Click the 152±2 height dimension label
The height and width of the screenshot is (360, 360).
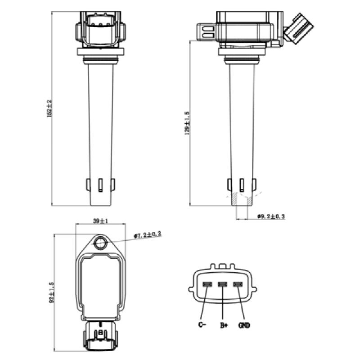click(x=49, y=108)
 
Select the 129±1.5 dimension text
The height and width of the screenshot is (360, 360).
click(x=187, y=123)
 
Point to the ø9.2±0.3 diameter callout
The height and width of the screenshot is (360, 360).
click(x=271, y=216)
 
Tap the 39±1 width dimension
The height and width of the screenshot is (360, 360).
click(x=100, y=221)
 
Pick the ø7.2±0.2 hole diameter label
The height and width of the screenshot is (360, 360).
click(x=148, y=235)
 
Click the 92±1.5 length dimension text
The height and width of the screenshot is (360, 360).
click(x=52, y=292)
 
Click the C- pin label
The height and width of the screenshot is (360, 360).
click(x=202, y=324)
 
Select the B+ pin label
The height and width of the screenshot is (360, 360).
click(x=224, y=325)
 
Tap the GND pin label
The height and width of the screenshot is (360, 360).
click(x=244, y=325)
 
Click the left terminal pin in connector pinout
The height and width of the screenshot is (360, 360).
click(x=207, y=284)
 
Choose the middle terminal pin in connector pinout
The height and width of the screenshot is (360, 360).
click(x=222, y=284)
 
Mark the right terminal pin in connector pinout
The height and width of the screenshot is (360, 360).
click(x=238, y=284)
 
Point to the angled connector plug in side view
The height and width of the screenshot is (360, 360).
click(x=298, y=29)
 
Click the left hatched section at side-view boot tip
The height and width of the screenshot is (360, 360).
click(x=234, y=199)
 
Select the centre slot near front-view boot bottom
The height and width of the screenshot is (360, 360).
click(x=100, y=185)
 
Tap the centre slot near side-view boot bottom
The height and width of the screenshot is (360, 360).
click(x=242, y=185)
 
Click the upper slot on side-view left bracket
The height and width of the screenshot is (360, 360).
click(x=208, y=29)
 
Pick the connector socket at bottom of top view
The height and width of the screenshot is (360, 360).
click(x=100, y=336)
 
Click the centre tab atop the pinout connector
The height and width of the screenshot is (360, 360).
click(x=222, y=266)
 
